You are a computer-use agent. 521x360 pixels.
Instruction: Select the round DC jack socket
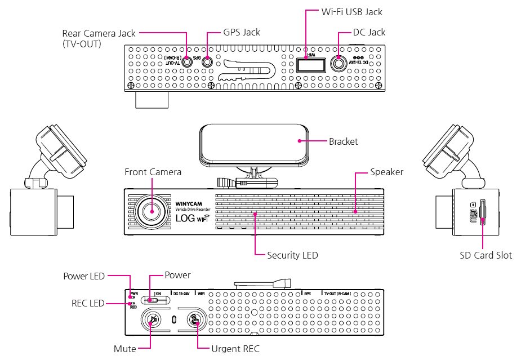tap(338, 64)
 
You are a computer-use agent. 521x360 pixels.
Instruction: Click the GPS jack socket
tap(207, 63)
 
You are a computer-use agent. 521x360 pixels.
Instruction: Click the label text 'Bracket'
tap(343, 141)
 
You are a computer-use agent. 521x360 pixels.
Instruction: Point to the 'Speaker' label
tap(386, 172)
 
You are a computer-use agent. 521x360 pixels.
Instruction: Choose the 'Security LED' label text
tap(292, 255)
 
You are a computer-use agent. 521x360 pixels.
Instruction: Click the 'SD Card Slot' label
tap(486, 255)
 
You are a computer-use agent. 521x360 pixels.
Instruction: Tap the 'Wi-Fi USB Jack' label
tap(351, 11)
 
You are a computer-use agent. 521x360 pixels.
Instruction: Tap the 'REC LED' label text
tap(88, 303)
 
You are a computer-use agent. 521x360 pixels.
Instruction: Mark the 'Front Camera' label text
tap(153, 172)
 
